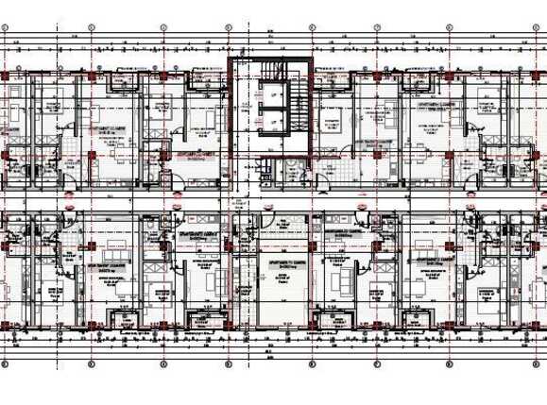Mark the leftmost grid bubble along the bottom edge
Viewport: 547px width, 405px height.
8,363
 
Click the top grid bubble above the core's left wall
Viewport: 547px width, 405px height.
230,28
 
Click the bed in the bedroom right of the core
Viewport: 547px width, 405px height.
333,123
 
